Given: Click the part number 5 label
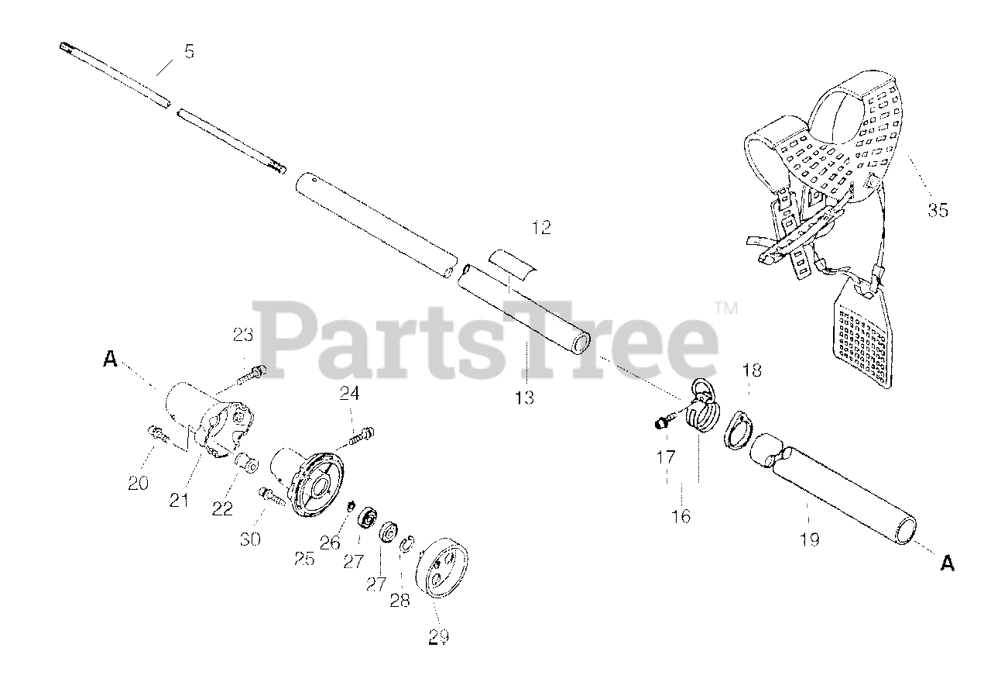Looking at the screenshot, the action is (189, 52).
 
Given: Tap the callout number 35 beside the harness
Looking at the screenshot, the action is (938, 209).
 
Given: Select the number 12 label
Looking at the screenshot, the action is (541, 228).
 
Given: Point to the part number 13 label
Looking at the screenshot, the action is (524, 398).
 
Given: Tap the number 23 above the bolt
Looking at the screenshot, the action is (243, 336).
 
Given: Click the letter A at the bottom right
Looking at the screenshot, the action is (947, 564).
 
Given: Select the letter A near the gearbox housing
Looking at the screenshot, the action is (111, 358).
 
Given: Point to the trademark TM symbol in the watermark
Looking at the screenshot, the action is (726, 308).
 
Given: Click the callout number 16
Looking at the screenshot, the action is (681, 516).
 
